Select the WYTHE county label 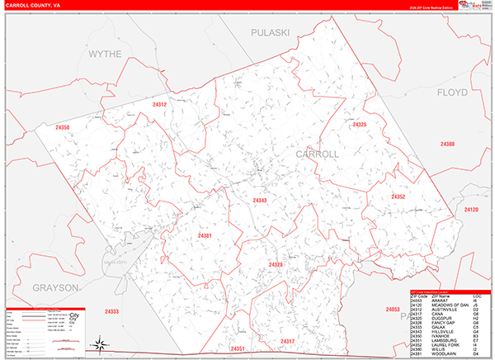(105, 54)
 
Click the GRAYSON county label (56, 287)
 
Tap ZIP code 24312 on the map (159, 105)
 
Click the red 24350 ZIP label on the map (63, 128)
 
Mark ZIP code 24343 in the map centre (260, 201)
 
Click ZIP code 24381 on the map (205, 236)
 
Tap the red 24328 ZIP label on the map (276, 265)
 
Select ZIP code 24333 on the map (112, 311)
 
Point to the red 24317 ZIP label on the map (287, 341)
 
